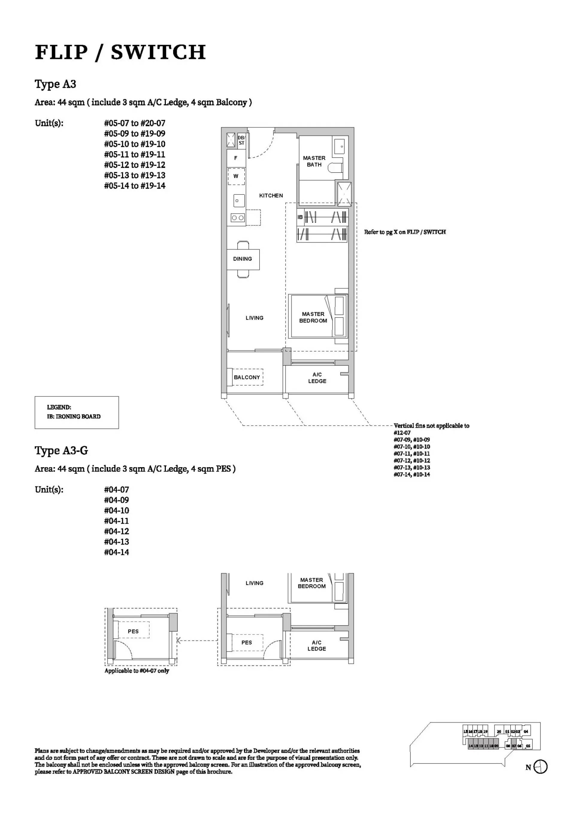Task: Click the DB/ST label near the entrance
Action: [x=241, y=140]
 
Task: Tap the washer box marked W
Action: [x=236, y=176]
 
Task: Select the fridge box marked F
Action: [x=236, y=158]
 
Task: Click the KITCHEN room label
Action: [x=271, y=196]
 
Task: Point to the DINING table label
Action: [x=243, y=259]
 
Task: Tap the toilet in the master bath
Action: [x=335, y=167]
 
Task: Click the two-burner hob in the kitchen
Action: [x=237, y=218]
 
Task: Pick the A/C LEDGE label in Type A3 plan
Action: [x=317, y=378]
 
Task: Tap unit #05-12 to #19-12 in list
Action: [x=134, y=165]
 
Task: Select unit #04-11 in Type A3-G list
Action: [x=116, y=521]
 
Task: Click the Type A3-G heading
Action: [x=61, y=451]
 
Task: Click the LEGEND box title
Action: [x=59, y=407]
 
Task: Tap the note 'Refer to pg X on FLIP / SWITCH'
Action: [x=405, y=232]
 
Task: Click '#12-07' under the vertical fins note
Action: [x=402, y=433]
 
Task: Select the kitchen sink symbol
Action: [x=237, y=201]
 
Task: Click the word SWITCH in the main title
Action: [x=158, y=52]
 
